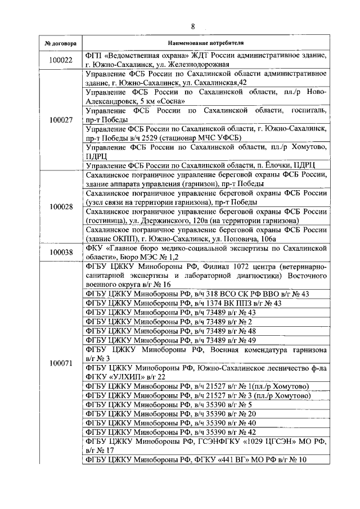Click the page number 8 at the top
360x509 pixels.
192,26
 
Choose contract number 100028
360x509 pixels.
61,207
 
